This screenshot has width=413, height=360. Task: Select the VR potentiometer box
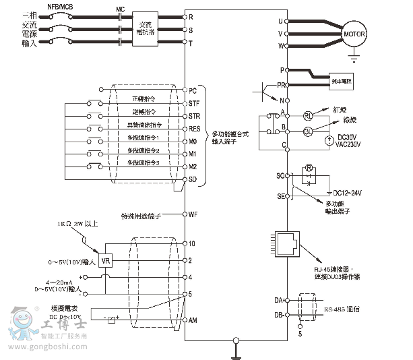tap(106, 260)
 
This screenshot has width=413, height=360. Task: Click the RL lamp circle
tap(308, 116)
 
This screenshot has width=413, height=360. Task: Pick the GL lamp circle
tap(308, 130)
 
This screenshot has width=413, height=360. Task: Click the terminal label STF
tap(194, 103)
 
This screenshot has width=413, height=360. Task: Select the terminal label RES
tap(194, 128)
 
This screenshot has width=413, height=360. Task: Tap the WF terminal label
tap(193, 214)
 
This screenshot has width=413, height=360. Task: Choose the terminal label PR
tap(280, 86)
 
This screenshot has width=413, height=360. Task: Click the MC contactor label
tap(121, 9)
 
